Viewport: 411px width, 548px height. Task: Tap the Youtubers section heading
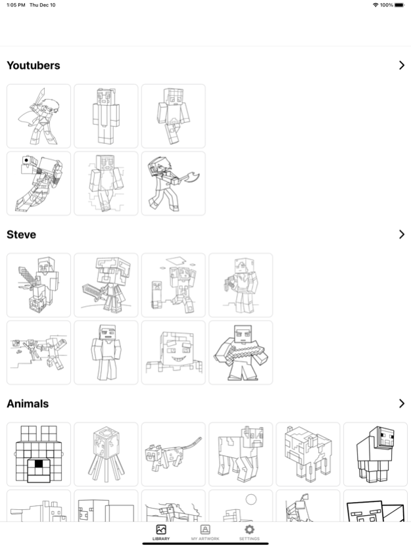click(33, 66)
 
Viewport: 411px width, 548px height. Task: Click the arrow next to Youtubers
click(401, 65)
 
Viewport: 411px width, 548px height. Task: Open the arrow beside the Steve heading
click(401, 235)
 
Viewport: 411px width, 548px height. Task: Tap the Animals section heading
click(28, 403)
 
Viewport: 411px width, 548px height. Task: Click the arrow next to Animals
click(401, 403)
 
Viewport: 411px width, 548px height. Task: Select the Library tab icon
click(160, 530)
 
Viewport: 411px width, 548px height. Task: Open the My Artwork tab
click(205, 532)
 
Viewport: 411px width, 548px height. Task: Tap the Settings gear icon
click(249, 530)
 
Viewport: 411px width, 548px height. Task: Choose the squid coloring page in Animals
click(106, 454)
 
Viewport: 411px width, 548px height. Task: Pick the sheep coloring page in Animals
click(375, 454)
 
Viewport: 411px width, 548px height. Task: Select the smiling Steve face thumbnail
click(173, 352)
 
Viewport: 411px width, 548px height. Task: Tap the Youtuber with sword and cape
click(39, 116)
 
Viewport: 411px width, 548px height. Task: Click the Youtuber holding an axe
click(173, 183)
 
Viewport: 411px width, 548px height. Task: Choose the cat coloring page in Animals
click(173, 454)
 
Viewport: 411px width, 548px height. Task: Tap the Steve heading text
click(21, 235)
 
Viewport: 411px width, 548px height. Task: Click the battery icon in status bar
click(399, 5)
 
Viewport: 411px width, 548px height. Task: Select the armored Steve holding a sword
click(106, 285)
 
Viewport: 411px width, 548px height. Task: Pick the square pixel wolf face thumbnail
click(39, 454)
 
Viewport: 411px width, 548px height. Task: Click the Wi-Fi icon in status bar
click(375, 5)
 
